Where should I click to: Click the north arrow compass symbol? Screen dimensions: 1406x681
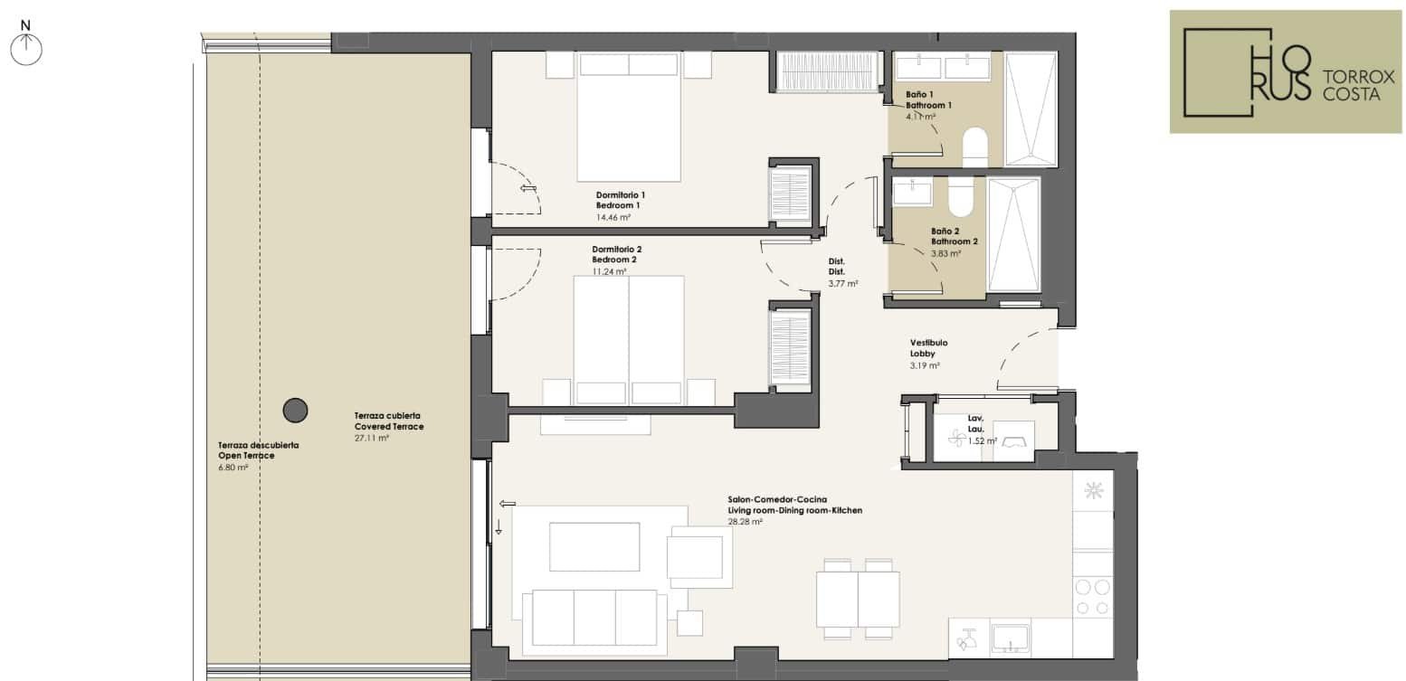tap(26, 44)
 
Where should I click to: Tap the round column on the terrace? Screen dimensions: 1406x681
tap(295, 411)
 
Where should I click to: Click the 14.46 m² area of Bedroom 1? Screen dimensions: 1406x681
tap(613, 217)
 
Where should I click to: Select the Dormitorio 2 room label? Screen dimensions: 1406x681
tap(617, 250)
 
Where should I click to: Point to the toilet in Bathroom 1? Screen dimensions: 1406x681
tap(974, 147)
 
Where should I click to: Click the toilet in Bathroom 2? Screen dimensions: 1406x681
tap(960, 196)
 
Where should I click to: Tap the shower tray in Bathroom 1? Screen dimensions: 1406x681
tap(1031, 109)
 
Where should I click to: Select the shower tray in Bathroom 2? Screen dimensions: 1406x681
tap(1013, 235)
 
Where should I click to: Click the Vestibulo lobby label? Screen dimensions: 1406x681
tap(929, 343)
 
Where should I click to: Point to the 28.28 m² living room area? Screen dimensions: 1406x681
tap(745, 522)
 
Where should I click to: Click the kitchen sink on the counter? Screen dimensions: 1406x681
tap(1010, 639)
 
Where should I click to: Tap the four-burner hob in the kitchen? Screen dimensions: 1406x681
tap(1093, 597)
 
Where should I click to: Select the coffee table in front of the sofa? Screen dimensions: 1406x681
tap(594, 546)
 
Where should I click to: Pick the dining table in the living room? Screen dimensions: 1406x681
tap(858, 599)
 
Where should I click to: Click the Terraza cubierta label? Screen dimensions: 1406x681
tap(387, 415)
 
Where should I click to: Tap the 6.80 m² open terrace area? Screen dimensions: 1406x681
tap(233, 467)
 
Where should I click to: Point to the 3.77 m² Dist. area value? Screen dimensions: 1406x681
tap(843, 284)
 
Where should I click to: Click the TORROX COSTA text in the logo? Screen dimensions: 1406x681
tap(1358, 85)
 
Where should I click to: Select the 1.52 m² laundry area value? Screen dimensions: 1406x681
tap(983, 440)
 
